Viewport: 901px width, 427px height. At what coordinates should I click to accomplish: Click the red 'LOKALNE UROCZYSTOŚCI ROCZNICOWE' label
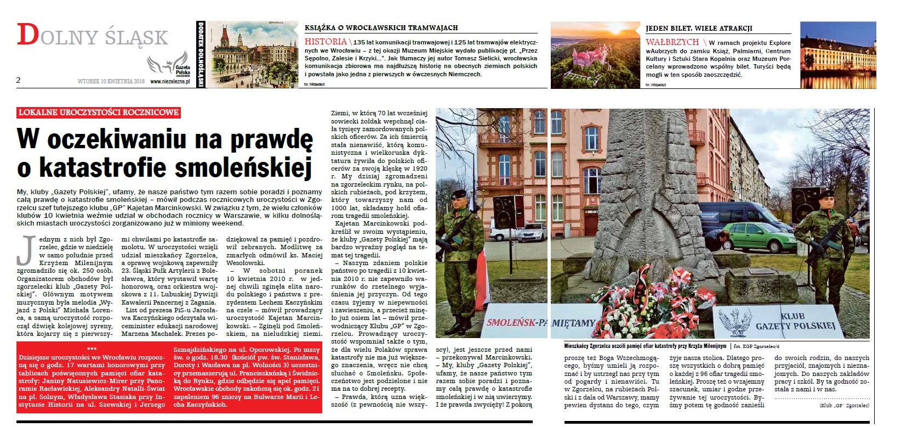pos(99,113)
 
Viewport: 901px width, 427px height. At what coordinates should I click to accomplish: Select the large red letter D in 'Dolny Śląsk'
pos(28,35)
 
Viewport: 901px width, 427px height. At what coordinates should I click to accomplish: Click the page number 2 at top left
pos(19,80)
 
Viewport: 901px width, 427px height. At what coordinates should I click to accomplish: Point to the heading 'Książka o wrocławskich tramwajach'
pos(381,27)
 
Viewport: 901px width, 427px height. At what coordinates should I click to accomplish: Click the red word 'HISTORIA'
pos(325,42)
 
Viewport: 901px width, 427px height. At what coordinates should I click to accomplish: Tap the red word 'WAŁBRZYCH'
pos(672,42)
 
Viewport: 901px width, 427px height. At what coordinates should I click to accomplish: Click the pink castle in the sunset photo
pos(586,62)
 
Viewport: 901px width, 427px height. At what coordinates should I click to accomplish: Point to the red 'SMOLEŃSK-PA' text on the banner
pos(517,323)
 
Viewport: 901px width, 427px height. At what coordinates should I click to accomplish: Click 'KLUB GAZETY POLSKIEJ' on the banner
pos(795,322)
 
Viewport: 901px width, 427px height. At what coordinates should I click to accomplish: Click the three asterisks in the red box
pos(92,349)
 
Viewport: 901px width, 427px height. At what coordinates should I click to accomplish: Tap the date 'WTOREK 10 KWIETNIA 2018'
pos(111,81)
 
